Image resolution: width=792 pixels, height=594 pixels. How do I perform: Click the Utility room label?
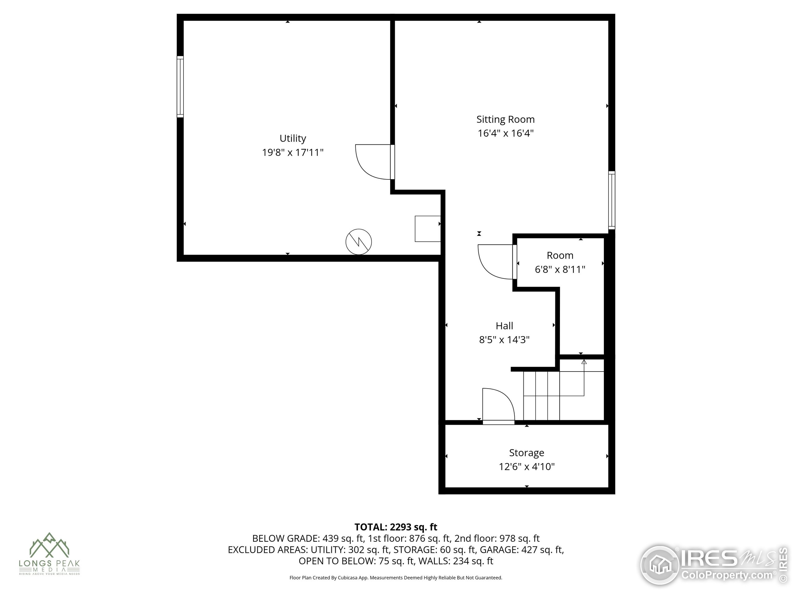click(293, 138)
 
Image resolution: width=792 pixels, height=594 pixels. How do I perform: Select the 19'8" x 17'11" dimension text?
click(293, 153)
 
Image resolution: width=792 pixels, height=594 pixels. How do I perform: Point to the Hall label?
click(504, 326)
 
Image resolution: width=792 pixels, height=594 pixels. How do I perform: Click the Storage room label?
click(526, 453)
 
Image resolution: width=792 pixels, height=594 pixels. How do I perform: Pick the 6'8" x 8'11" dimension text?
click(560, 269)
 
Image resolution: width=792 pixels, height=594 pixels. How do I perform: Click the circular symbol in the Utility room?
click(358, 242)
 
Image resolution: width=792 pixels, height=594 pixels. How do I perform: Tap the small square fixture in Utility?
click(428, 229)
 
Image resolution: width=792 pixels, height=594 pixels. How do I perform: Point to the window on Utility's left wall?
click(180, 87)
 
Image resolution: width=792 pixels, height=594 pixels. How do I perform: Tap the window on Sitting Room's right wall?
click(612, 200)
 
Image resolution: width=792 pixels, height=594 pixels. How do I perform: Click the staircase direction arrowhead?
click(584, 362)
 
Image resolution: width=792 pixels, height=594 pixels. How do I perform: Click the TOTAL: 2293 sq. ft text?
click(396, 527)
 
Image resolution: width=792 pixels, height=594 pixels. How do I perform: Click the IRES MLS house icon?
click(660, 565)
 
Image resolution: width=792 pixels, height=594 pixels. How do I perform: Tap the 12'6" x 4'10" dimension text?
click(526, 467)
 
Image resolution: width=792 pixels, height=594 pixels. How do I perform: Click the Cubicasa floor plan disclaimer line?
click(396, 578)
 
